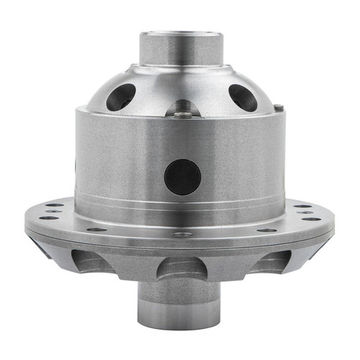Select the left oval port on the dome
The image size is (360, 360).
point(120,96)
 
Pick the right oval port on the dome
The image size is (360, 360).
point(243,97)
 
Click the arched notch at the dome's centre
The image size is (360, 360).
point(183,109)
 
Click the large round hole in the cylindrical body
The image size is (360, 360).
point(182,176)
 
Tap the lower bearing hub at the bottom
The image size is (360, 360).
point(180,302)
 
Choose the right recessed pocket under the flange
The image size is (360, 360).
point(269,261)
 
